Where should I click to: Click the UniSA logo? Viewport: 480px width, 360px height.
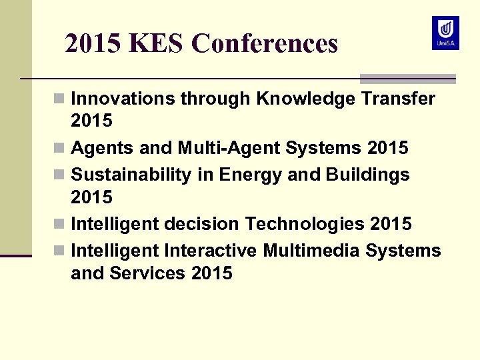pos(445,33)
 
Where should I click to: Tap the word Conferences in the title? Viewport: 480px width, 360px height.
pos(265,44)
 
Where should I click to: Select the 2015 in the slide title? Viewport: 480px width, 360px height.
pos(94,44)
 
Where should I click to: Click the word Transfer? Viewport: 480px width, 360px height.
pos(398,99)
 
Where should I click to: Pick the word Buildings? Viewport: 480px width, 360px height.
pos(368,175)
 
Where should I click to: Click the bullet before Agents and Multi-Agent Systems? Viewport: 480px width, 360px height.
pos(59,148)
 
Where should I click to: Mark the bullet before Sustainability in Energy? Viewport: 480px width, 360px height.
pos(59,175)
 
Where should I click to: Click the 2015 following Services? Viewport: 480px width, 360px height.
pos(211,273)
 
